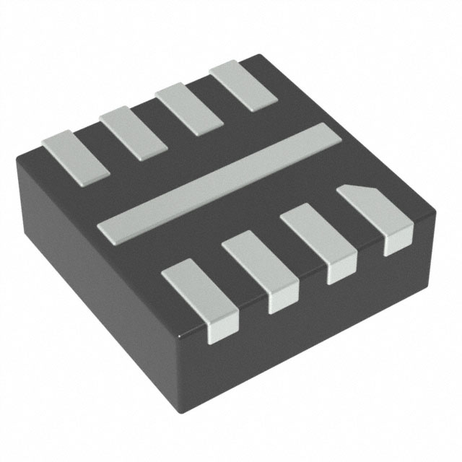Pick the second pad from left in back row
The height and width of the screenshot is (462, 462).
[133, 131]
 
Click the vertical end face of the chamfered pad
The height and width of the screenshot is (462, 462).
[398, 242]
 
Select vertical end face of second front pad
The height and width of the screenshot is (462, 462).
[283, 302]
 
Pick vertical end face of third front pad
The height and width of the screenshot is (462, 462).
[341, 274]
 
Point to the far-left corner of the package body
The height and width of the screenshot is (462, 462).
[17, 162]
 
